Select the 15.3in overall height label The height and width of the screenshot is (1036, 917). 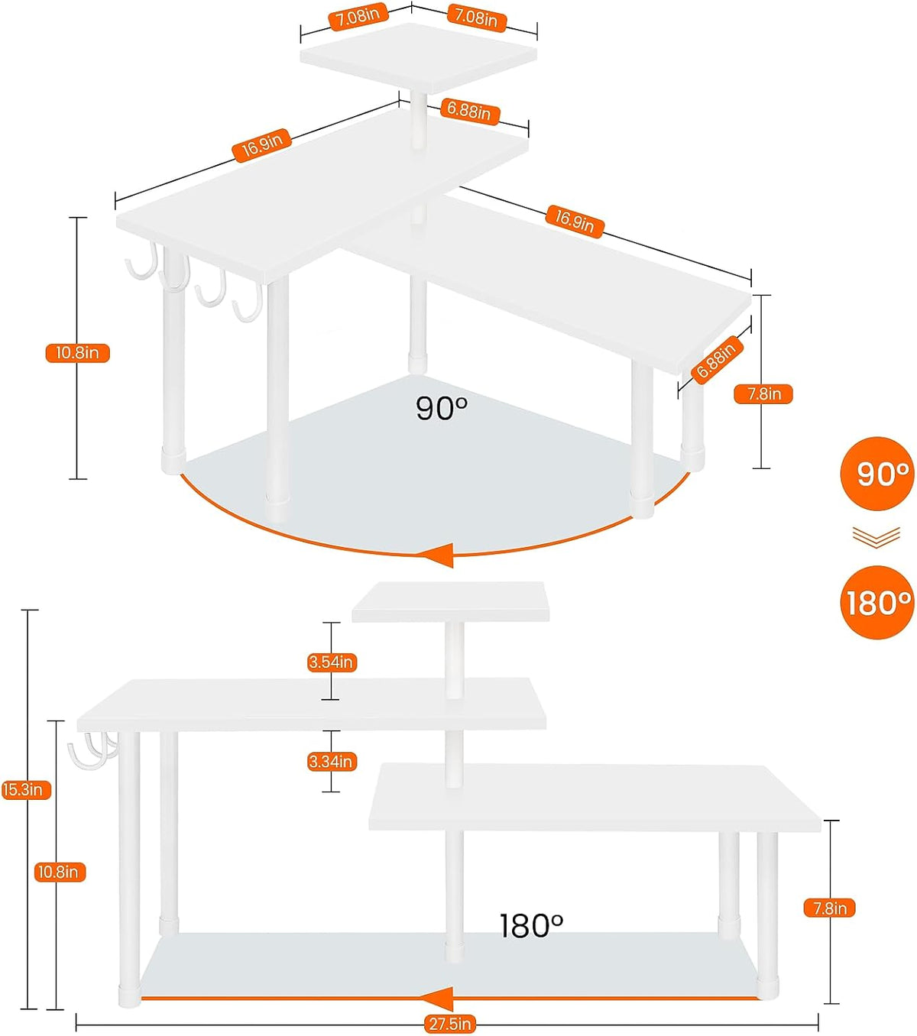25,789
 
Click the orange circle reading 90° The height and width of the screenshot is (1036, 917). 876,474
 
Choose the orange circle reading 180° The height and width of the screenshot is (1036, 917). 876,602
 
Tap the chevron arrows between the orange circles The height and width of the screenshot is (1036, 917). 876,537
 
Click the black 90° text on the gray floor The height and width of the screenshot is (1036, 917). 442,408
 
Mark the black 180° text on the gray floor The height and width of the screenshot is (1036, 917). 531,925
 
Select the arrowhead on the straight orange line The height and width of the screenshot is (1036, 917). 438,997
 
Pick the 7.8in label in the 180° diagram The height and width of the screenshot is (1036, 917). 829,908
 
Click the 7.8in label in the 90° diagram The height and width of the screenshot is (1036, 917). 763,393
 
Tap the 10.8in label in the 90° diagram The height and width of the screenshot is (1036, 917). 78,352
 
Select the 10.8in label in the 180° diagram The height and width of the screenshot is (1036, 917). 60,872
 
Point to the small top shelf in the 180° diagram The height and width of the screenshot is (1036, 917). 450,601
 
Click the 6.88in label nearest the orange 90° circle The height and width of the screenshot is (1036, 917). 716,360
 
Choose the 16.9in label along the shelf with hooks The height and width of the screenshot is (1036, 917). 261,146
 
